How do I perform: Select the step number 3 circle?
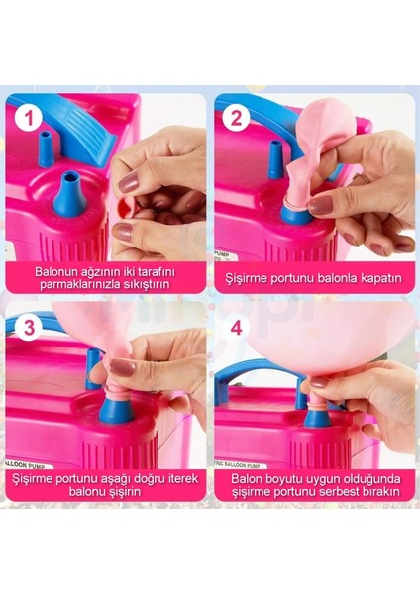click(x=31, y=326)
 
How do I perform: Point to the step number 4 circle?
click(x=237, y=326)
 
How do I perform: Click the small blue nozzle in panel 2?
click(x=274, y=159)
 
